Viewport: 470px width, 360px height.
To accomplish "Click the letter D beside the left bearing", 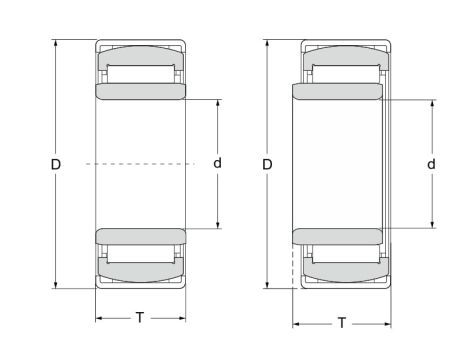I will (x=56, y=163).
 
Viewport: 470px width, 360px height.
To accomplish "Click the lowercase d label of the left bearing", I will (x=217, y=163).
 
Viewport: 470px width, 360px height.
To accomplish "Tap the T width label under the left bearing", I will (x=140, y=318).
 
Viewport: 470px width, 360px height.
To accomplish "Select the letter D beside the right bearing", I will (x=267, y=163).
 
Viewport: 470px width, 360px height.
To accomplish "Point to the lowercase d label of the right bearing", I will (x=432, y=163).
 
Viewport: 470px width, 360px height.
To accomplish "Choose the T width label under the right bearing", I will (x=342, y=324).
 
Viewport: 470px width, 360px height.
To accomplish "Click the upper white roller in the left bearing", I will (x=140, y=72).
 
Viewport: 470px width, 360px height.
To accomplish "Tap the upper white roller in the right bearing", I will (x=345, y=72).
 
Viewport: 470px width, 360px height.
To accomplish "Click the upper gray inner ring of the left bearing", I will (x=140, y=92).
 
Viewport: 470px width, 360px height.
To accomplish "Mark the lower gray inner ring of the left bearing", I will (x=140, y=236).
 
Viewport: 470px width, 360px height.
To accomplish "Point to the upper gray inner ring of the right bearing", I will (x=337, y=92).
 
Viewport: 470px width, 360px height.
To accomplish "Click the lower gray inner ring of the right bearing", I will (x=337, y=236).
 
